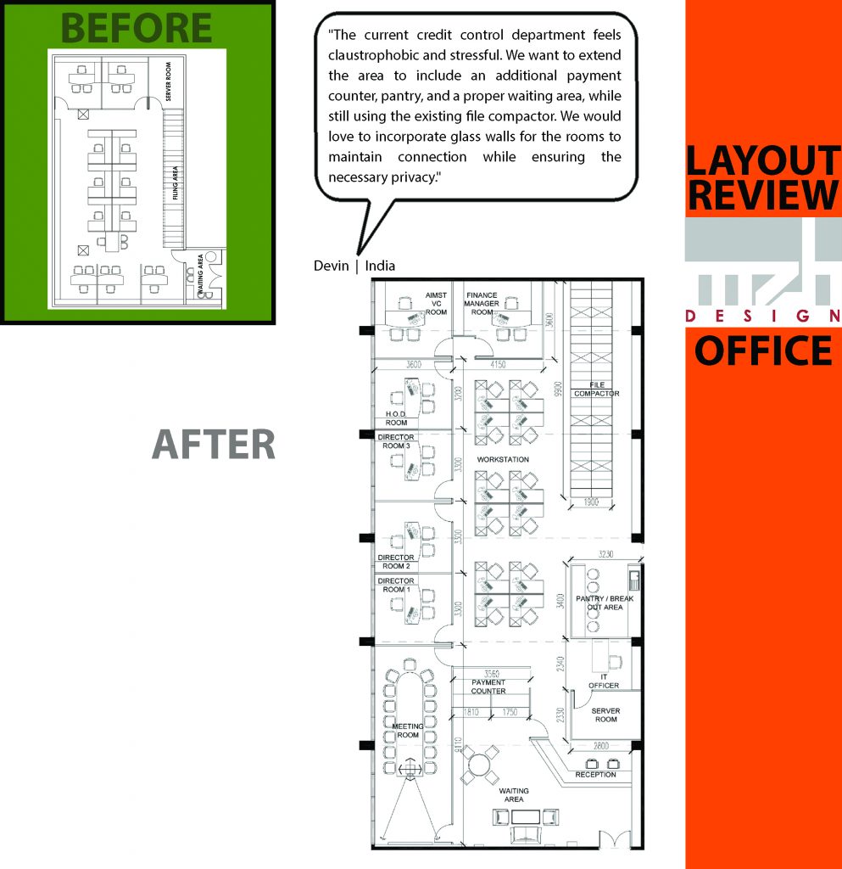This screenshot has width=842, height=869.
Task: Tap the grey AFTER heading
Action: (x=214, y=445)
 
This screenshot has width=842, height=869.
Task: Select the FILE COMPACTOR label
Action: (x=596, y=389)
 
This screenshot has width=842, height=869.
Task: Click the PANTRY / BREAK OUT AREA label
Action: (x=605, y=603)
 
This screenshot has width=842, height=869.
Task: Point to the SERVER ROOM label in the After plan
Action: (x=605, y=715)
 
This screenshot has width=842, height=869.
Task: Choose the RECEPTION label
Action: (x=595, y=775)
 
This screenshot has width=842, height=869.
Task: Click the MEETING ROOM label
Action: (x=406, y=731)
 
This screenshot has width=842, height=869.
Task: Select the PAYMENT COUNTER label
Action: (x=488, y=687)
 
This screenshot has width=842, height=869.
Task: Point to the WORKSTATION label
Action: (x=503, y=459)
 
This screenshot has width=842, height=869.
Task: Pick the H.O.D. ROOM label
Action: (x=396, y=418)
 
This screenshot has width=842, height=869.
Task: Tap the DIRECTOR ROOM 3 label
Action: (x=395, y=441)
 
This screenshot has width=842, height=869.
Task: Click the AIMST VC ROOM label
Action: (x=436, y=304)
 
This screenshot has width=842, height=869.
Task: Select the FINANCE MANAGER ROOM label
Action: (x=482, y=304)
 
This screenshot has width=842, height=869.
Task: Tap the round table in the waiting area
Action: (x=481, y=767)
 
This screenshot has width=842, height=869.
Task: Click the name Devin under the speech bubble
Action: (x=331, y=266)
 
